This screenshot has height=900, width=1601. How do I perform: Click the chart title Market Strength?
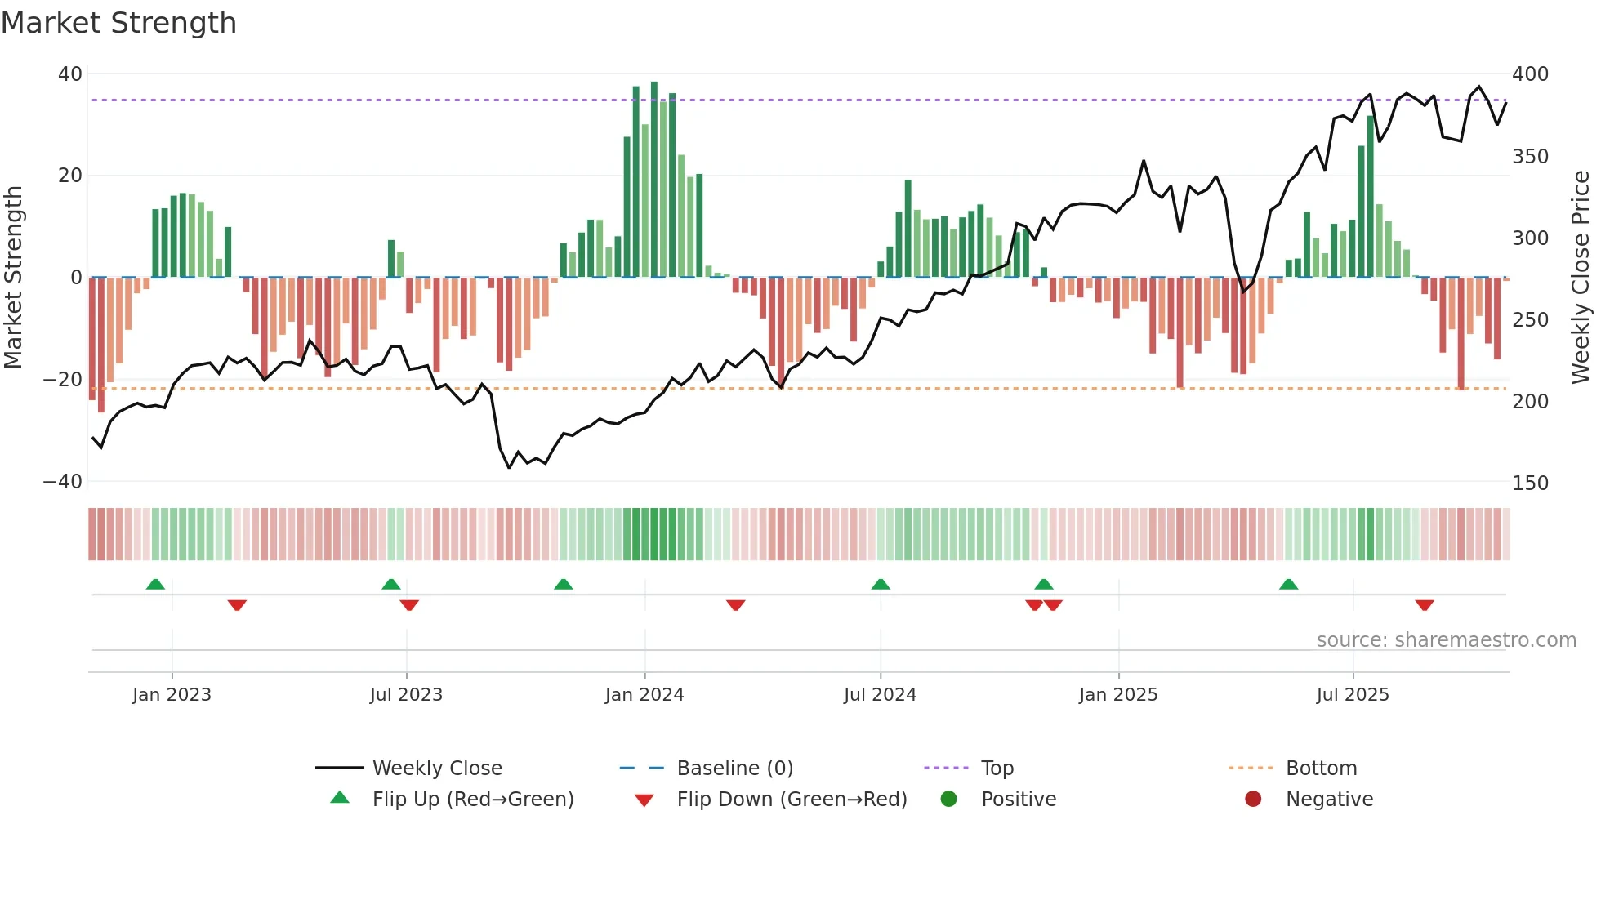click(x=118, y=23)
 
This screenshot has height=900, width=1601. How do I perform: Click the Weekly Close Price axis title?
click(x=1581, y=277)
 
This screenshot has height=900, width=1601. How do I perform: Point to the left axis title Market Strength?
click(x=13, y=277)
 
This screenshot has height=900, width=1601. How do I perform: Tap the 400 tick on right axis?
click(x=1530, y=74)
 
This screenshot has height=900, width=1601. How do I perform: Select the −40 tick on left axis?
click(x=62, y=482)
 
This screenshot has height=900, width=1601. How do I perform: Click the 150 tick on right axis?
click(x=1530, y=483)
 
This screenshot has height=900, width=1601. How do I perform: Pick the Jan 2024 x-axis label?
click(x=644, y=695)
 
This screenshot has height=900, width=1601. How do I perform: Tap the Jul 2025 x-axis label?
click(x=1353, y=695)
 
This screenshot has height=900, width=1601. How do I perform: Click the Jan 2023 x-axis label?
click(x=172, y=695)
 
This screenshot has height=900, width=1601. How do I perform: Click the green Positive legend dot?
click(x=948, y=799)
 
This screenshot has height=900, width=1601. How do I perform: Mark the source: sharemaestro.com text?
click(x=1446, y=640)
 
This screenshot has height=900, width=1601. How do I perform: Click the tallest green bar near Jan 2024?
click(x=654, y=180)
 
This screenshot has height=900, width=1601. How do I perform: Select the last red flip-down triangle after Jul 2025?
click(x=1425, y=605)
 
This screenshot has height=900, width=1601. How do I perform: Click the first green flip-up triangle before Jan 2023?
click(x=155, y=584)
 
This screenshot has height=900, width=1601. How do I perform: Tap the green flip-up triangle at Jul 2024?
click(x=881, y=584)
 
